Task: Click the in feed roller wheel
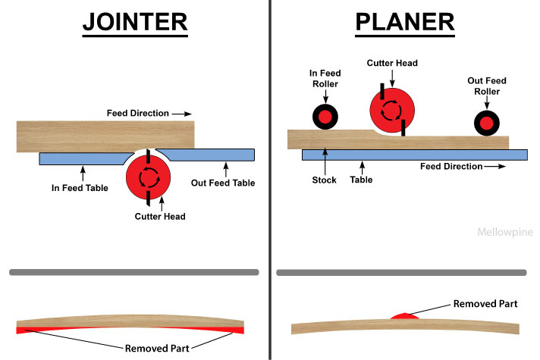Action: click(325, 117)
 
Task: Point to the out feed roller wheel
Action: click(485, 121)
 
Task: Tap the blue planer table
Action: click(414, 155)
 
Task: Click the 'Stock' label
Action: click(324, 181)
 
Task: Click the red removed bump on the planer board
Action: click(400, 315)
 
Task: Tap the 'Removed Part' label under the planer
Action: click(485, 303)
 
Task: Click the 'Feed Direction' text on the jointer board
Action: click(137, 113)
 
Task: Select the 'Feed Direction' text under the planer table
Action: click(451, 166)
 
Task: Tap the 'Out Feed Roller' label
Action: click(485, 85)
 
